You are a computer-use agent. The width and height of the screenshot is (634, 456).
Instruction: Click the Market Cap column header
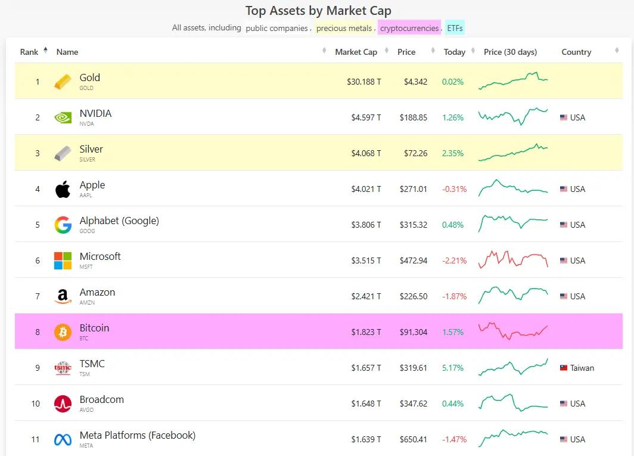[x=356, y=52]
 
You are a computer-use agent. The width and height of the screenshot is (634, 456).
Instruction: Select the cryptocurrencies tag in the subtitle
[x=409, y=28]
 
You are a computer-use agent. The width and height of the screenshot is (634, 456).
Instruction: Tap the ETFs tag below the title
[x=455, y=28]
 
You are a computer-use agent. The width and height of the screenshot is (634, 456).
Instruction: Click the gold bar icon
[x=63, y=82]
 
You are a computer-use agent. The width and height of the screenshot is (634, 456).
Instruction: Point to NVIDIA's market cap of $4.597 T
[x=366, y=117]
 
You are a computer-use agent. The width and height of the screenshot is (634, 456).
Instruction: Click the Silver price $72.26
[x=414, y=153]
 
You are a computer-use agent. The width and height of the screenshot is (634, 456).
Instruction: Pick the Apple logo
[x=63, y=189]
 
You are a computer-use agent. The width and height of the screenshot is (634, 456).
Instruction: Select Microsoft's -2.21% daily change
[x=454, y=260]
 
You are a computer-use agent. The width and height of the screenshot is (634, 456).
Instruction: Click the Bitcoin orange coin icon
[x=63, y=332]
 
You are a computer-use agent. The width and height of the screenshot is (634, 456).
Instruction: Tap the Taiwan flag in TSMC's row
[x=564, y=368]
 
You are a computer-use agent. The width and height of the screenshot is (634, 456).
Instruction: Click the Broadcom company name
[x=102, y=399]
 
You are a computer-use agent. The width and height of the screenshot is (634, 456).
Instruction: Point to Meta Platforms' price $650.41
[x=414, y=439]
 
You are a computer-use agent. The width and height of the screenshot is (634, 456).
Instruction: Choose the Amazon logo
[x=63, y=296]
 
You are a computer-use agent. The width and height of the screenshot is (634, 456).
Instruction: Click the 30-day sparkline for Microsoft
[x=512, y=260]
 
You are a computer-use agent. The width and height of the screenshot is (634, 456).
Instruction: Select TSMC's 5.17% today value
[x=453, y=368]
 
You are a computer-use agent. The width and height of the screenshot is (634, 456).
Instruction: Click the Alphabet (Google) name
[x=119, y=221]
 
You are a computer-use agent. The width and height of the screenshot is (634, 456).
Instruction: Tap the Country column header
[x=576, y=52]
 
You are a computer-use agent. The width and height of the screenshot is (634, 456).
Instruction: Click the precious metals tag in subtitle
[x=344, y=28]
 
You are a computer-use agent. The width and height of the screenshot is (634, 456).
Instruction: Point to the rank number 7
[x=38, y=296]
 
